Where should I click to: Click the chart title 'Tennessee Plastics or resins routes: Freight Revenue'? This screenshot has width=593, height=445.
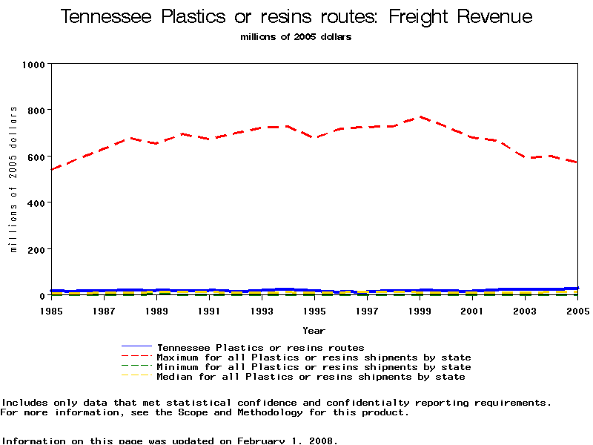click(x=296, y=17)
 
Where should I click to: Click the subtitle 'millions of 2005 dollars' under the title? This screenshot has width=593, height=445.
click(x=296, y=37)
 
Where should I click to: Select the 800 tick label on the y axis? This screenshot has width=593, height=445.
click(x=36, y=111)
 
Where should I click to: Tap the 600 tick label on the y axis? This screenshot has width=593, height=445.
click(x=36, y=156)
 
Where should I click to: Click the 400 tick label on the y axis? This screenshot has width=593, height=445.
click(x=36, y=202)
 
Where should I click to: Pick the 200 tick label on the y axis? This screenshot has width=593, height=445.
click(x=36, y=249)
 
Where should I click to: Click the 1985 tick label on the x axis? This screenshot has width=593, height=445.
click(x=50, y=311)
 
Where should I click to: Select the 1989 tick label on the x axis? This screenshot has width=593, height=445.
click(x=156, y=311)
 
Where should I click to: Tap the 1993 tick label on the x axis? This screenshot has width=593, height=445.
click(x=261, y=311)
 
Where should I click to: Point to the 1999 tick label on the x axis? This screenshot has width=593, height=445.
click(x=420, y=311)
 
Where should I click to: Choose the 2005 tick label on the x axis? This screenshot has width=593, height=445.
click(x=577, y=311)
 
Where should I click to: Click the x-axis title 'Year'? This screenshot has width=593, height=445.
click(x=314, y=330)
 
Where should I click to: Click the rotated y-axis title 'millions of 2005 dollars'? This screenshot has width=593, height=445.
click(x=13, y=179)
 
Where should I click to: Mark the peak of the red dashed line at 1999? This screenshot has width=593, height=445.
click(x=420, y=116)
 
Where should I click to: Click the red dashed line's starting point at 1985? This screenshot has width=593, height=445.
click(x=50, y=169)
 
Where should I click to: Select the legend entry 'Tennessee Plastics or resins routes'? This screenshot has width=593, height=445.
click(x=260, y=347)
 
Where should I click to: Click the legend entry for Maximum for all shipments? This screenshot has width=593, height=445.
click(x=314, y=357)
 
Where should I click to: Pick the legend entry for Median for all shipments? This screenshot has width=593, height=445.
click(x=311, y=377)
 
